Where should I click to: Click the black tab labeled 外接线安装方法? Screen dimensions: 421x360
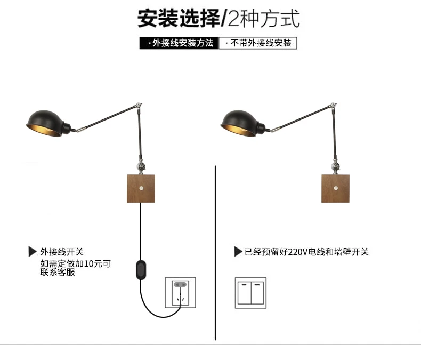point(179,43)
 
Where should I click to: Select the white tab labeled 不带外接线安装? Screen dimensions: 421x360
point(258,43)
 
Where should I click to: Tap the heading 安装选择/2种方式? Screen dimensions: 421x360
point(218,18)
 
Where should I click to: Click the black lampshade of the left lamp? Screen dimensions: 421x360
point(46,124)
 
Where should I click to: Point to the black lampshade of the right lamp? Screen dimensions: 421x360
point(240,124)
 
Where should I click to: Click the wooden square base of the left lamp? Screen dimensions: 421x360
point(141,188)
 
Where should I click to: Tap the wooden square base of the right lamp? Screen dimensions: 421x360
point(335,188)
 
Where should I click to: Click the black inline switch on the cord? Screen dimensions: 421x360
point(141,269)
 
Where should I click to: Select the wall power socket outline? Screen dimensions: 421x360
point(180,293)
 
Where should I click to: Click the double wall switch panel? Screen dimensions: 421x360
point(250,293)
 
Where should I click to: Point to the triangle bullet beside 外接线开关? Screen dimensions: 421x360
point(32,252)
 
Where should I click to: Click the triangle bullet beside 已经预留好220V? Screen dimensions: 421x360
point(238,252)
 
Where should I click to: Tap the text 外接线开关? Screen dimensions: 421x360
point(62,252)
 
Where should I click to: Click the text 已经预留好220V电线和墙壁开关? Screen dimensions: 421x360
point(306,252)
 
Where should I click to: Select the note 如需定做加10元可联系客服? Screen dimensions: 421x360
point(76,268)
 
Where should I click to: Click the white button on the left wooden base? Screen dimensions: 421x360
point(142,188)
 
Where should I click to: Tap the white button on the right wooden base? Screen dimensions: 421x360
point(336,188)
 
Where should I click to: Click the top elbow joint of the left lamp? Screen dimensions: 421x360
point(139,106)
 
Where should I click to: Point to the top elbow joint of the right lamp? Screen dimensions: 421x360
point(333,106)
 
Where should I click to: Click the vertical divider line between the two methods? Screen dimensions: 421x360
point(215,253)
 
